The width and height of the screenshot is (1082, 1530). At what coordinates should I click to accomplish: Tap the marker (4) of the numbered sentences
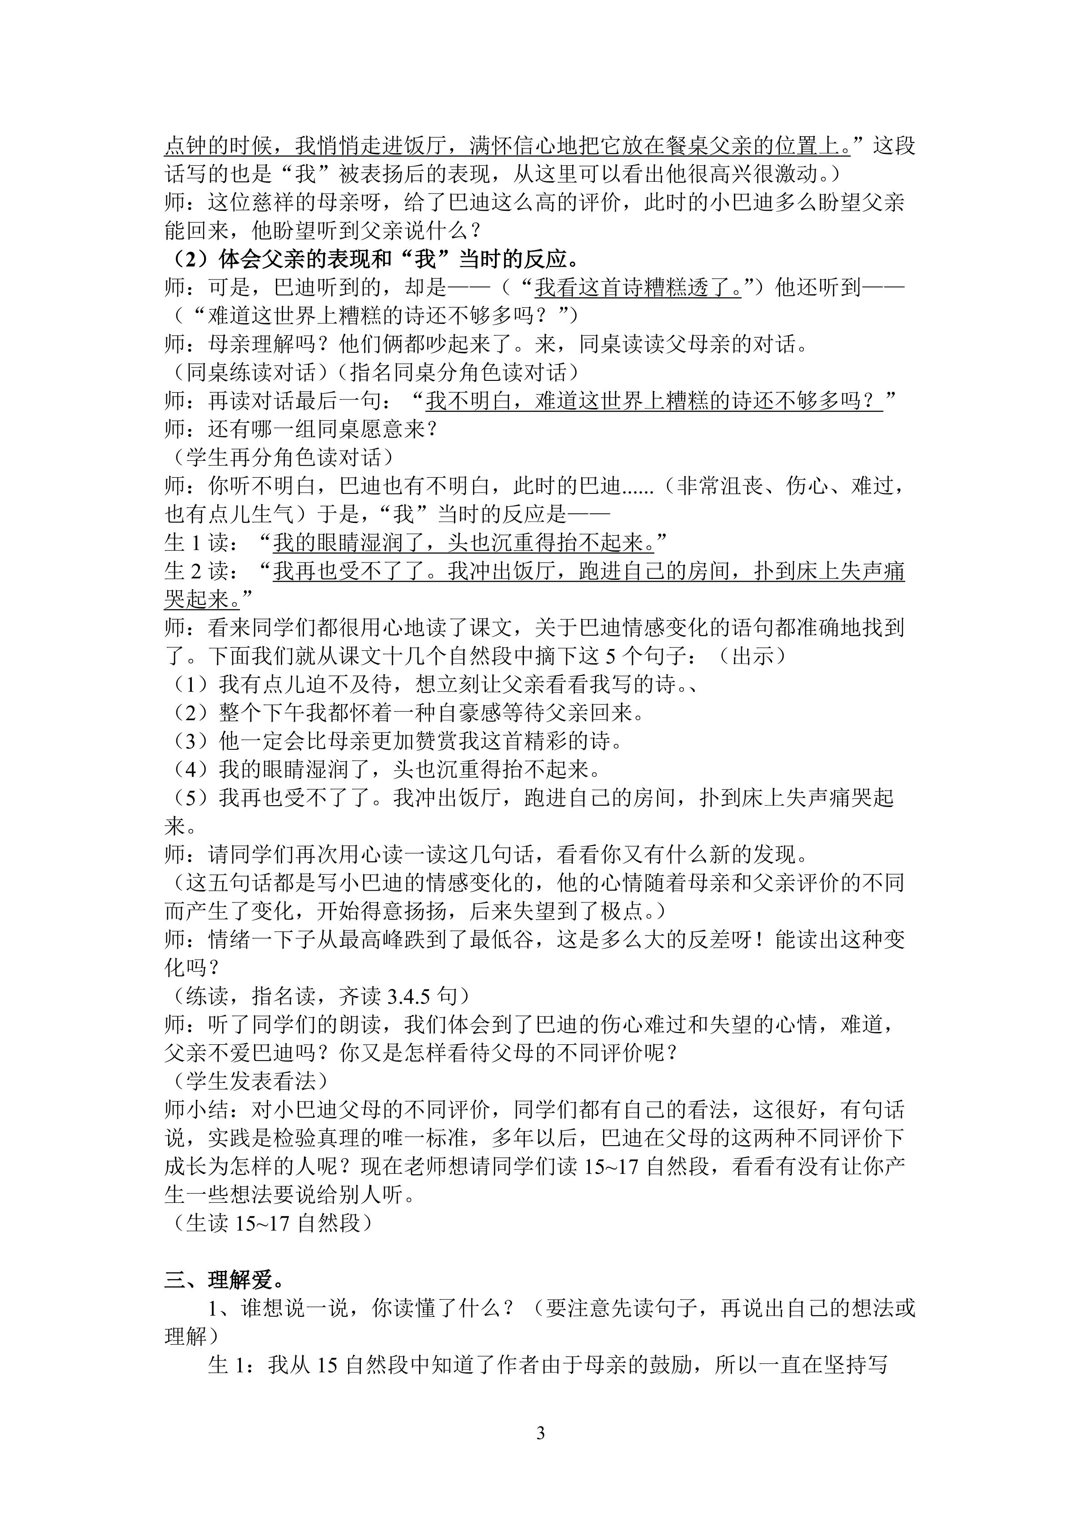pos(190,770)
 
